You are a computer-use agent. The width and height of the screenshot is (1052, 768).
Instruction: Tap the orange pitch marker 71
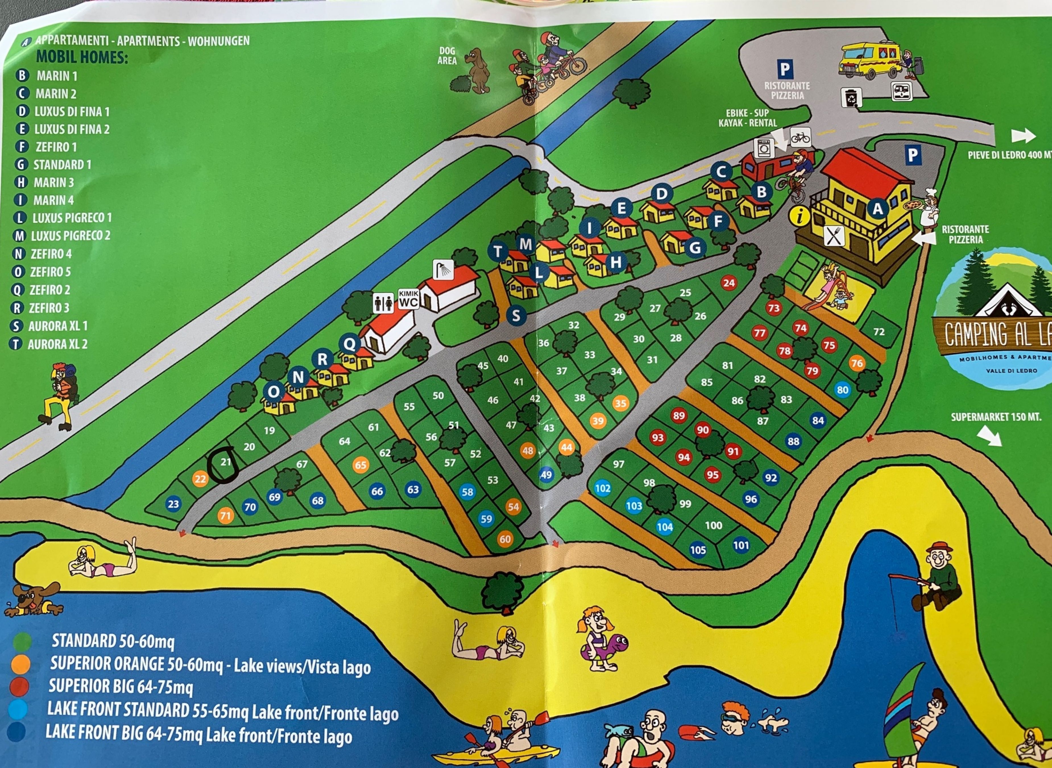pos(225,516)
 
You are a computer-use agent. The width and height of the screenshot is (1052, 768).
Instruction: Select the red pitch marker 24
pos(729,283)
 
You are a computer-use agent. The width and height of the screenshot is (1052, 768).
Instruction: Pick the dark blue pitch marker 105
pos(697,550)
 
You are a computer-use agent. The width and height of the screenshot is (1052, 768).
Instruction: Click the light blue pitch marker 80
pos(842,390)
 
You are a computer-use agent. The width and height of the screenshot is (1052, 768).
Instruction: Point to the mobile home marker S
pos(516,316)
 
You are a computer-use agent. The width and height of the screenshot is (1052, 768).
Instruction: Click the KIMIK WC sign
pos(409,299)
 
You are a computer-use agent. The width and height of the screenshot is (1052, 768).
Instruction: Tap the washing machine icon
pos(763,148)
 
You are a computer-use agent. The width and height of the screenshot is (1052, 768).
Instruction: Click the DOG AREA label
pos(447,56)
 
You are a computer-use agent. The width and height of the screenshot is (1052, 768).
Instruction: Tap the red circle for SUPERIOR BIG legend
pos(19,687)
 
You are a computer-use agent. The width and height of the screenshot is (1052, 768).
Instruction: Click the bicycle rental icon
pos(800,138)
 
